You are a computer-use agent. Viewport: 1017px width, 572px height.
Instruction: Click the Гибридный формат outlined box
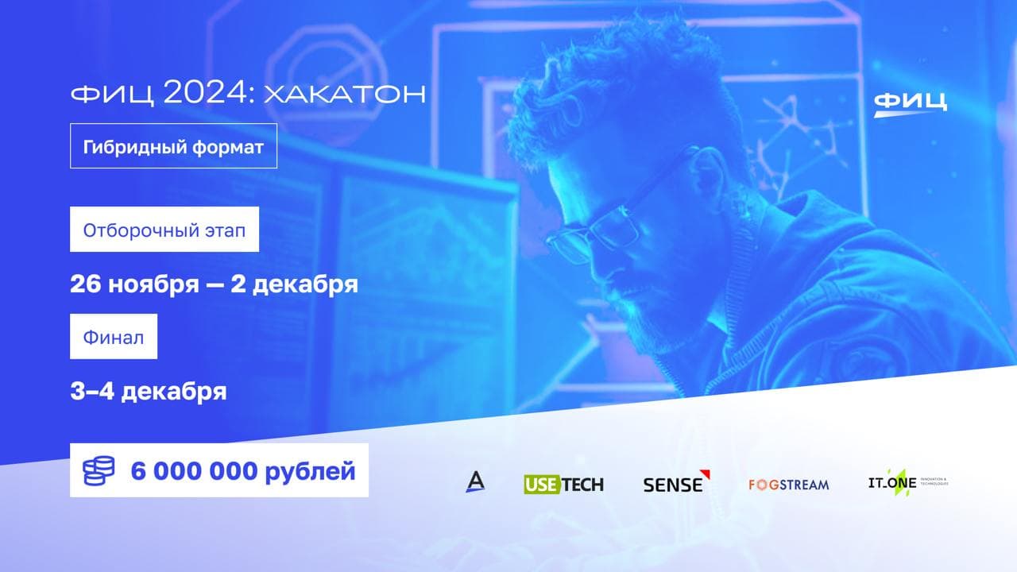173,146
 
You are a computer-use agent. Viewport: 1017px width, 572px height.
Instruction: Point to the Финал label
114,337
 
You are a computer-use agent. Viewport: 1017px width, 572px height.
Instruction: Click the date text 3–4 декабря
149,392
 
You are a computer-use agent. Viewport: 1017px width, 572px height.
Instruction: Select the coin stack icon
99,471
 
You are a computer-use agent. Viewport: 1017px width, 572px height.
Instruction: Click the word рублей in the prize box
309,471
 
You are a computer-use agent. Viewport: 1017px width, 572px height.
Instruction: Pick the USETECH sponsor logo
563,484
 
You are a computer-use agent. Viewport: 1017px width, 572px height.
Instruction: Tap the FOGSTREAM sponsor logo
788,484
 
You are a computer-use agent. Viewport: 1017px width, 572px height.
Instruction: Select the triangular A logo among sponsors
475,481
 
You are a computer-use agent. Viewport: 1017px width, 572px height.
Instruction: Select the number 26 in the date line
86,284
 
